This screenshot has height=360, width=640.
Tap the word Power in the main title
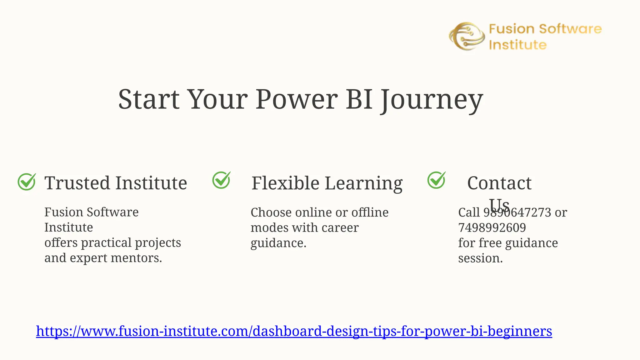297,99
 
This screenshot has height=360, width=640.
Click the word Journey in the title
432,99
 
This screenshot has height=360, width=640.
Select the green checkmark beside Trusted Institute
27,182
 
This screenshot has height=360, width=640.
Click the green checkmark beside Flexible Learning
221,180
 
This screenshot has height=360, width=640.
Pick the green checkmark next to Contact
436,180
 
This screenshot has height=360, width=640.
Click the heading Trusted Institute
116,183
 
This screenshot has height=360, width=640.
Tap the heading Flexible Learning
327,183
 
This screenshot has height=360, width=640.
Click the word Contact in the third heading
499,183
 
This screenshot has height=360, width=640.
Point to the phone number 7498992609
492,227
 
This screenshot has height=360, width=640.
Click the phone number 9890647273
517,212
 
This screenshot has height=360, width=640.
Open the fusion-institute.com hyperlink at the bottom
294,331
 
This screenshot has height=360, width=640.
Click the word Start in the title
149,99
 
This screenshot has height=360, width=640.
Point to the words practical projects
131,243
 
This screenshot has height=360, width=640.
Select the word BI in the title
359,99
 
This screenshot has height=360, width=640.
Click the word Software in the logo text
570,29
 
